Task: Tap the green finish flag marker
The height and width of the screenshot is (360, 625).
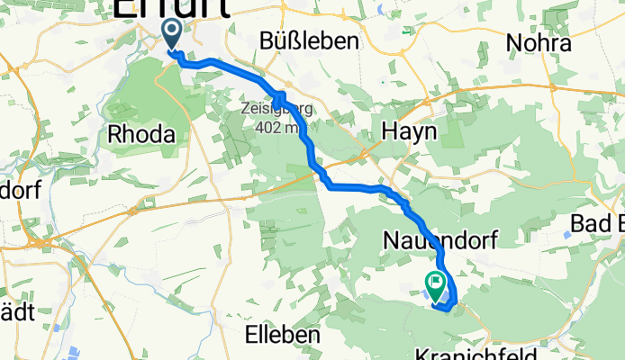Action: click(437, 285)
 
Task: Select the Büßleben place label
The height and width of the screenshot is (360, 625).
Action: click(309, 41)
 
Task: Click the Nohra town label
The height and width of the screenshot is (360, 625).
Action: click(539, 42)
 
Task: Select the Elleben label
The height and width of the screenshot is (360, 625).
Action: click(283, 334)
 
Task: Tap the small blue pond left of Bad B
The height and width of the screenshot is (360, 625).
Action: click(565, 233)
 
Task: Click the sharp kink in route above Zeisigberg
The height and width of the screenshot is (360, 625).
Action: click(278, 95)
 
